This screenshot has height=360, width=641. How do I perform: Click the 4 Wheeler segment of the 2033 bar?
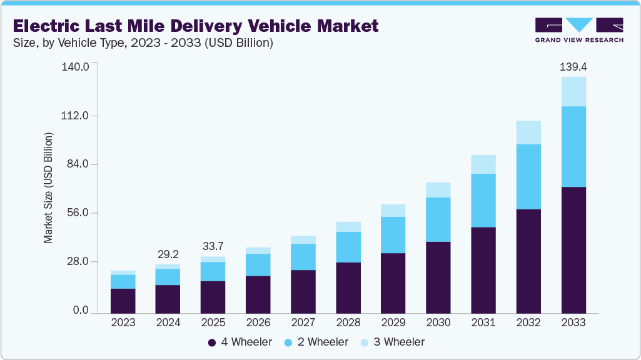tap(573, 250)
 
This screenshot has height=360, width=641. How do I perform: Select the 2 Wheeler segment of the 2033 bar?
tap(573, 146)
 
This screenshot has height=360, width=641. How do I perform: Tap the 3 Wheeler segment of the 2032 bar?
tap(528, 132)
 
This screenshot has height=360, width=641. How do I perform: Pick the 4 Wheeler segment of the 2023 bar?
tap(123, 301)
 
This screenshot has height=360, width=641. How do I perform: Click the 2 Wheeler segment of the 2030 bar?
tap(438, 219)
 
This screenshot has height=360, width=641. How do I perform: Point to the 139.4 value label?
tap(573, 66)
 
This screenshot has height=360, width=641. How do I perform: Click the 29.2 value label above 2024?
tap(168, 254)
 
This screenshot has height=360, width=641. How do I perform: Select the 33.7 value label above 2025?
tap(213, 245)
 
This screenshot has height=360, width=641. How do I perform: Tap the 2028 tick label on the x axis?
tap(348, 322)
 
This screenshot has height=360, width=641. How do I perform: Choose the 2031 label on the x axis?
tap(483, 322)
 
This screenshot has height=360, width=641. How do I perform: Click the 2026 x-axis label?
tap(258, 322)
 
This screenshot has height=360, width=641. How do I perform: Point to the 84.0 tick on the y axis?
tap(77, 164)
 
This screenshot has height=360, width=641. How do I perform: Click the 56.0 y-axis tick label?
tap(77, 213)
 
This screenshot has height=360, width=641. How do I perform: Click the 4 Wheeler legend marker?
tap(212, 342)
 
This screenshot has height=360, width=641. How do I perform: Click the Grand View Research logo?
tap(578, 29)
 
